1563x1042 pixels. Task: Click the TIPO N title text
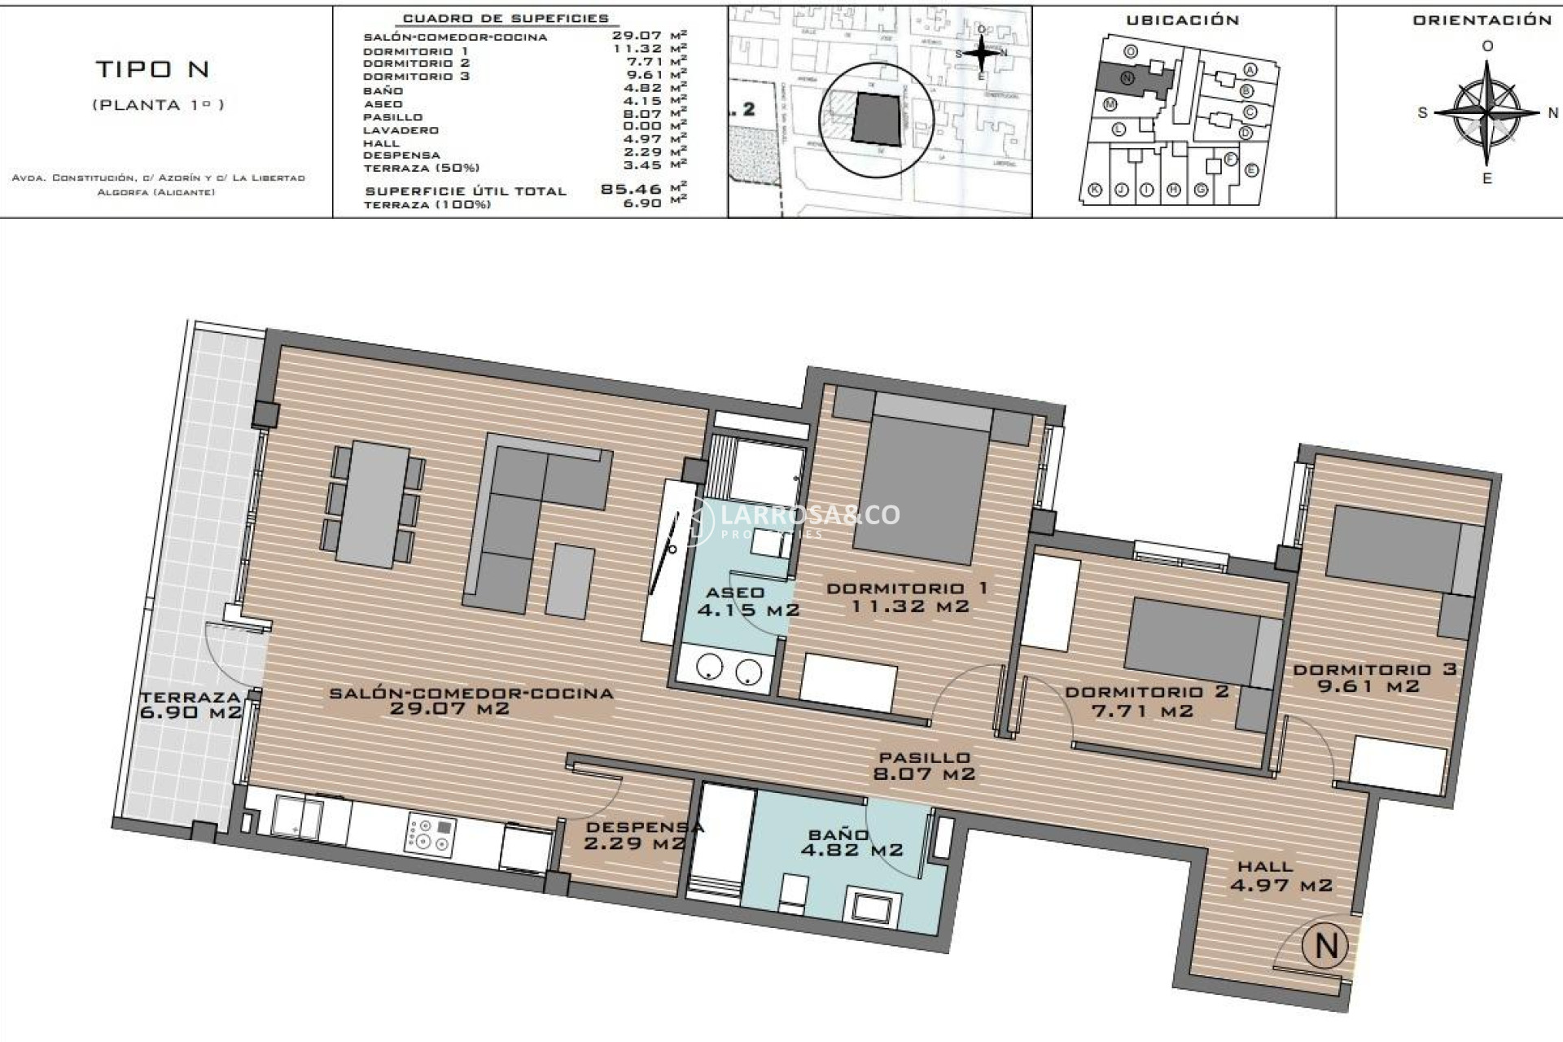tap(153, 70)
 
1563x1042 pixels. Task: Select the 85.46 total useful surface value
tap(630, 190)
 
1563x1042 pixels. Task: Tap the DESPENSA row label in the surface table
tap(401, 155)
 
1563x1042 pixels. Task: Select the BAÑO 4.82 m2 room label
tap(851, 843)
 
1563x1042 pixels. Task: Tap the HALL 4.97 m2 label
tap(1280, 876)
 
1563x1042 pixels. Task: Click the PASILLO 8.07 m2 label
tap(924, 766)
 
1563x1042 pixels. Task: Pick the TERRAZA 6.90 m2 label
tap(190, 705)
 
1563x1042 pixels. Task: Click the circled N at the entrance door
tap(1325, 945)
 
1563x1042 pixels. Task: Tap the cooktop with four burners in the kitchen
tap(431, 836)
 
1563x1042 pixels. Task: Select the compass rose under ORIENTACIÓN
tap(1486, 112)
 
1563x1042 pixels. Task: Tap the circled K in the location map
tap(1095, 190)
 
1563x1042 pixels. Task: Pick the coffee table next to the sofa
tap(569, 580)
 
